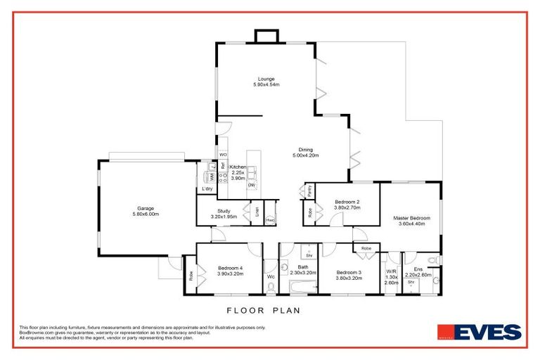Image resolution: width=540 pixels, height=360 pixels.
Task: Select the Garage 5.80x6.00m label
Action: [x=146, y=211]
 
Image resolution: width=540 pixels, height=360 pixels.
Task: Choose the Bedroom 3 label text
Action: [x=349, y=275]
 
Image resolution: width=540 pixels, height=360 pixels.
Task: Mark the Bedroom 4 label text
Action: [x=231, y=271]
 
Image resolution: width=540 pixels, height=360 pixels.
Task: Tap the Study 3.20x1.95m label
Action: [x=224, y=214]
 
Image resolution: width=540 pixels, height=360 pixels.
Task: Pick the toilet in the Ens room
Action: [x=435, y=260]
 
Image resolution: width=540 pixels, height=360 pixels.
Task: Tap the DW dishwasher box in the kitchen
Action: [x=251, y=185]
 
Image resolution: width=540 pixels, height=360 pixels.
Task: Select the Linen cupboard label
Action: [x=257, y=211]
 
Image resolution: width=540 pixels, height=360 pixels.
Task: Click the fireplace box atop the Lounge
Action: [x=266, y=37]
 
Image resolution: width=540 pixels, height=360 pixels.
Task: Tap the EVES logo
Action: [x=480, y=332]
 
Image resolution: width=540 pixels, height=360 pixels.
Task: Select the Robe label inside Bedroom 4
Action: [x=190, y=278]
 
